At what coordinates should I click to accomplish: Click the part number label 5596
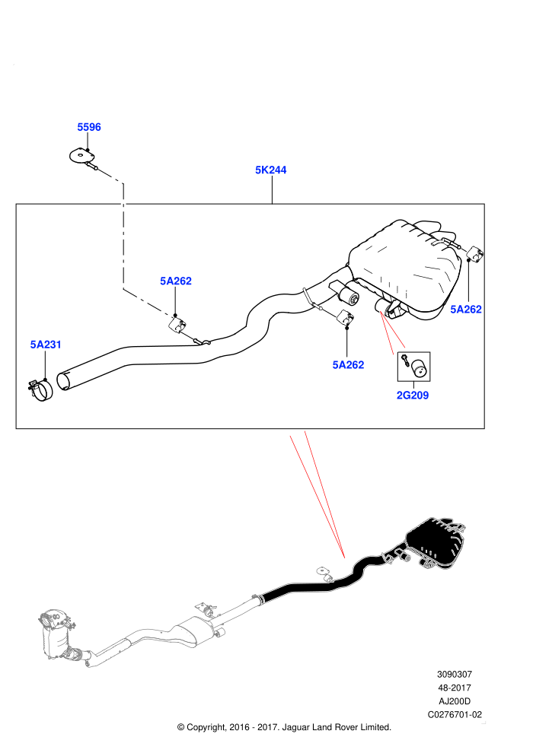(x=89, y=127)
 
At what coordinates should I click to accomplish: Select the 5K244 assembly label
(x=270, y=170)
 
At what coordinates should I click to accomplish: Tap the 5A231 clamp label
(x=46, y=345)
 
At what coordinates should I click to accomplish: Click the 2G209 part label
(x=413, y=396)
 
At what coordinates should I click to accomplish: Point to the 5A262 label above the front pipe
(x=176, y=281)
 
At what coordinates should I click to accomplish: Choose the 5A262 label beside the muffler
(x=466, y=310)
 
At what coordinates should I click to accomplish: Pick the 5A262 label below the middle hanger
(x=348, y=365)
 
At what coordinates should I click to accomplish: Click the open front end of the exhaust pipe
(x=64, y=380)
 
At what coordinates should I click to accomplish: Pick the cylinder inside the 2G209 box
(x=419, y=368)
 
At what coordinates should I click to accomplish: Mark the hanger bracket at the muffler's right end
(x=475, y=254)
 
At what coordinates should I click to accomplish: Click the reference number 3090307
(x=454, y=674)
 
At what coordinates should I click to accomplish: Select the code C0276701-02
(x=455, y=714)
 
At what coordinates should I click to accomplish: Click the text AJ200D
(x=455, y=701)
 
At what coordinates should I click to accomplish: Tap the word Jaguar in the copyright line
(x=296, y=728)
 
